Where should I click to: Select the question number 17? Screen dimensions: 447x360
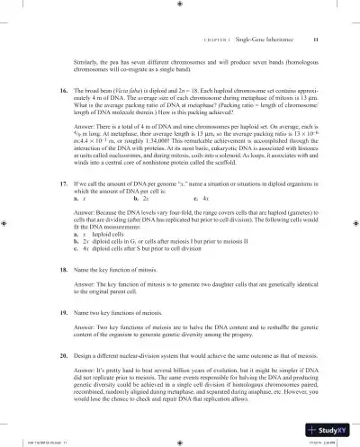click(53, 208)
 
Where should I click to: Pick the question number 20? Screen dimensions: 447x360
click(53, 369)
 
